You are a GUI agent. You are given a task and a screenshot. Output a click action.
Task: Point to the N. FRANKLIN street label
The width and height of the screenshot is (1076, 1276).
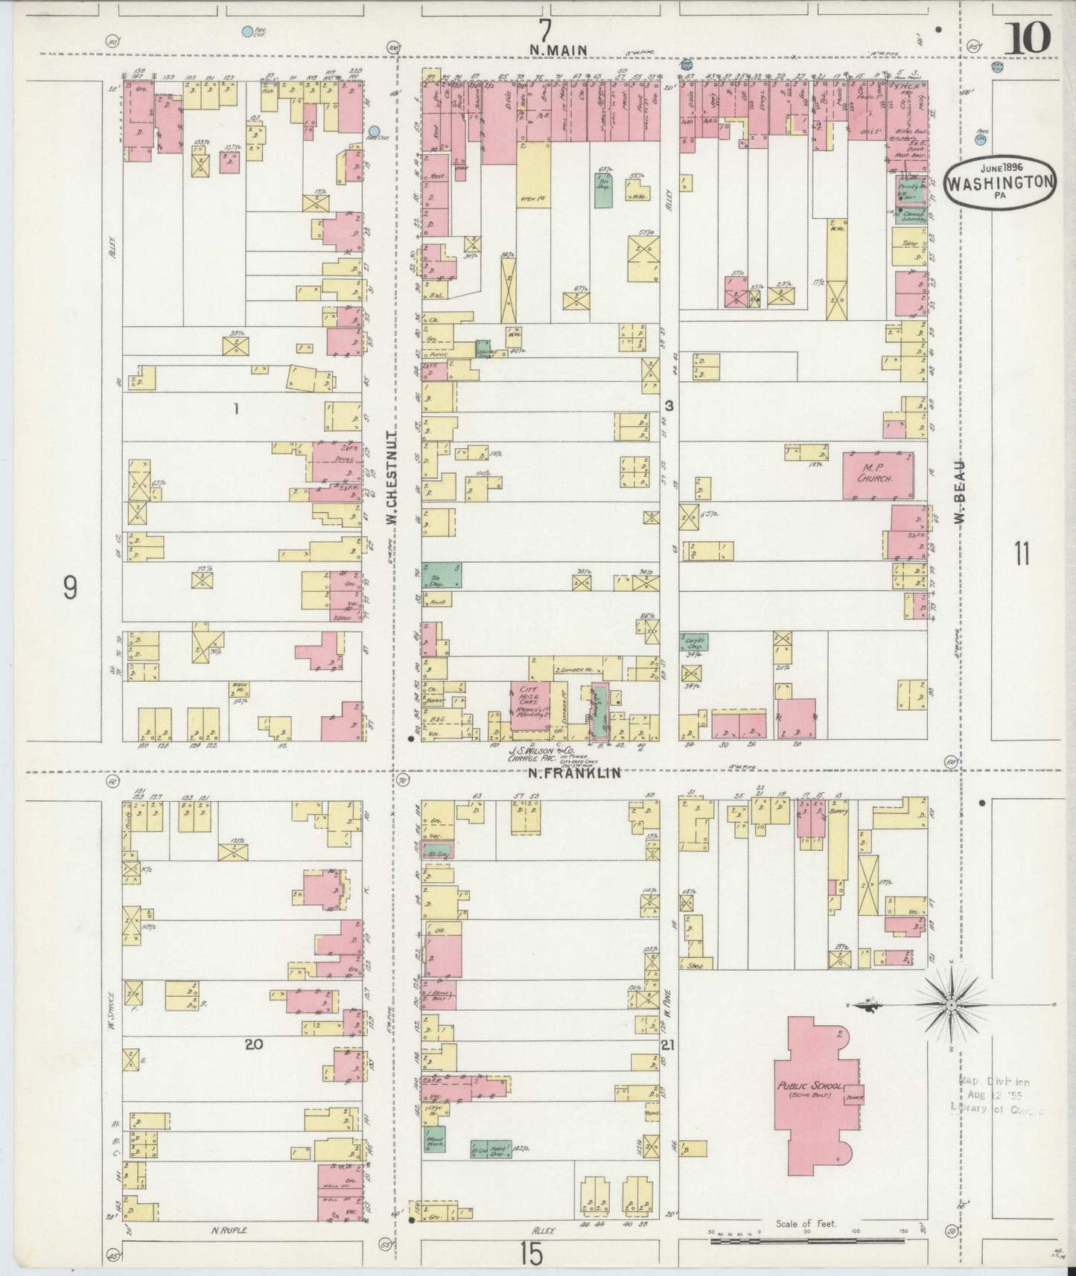(x=574, y=773)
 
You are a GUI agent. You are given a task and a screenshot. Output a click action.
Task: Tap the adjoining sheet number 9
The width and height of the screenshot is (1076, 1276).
(x=69, y=588)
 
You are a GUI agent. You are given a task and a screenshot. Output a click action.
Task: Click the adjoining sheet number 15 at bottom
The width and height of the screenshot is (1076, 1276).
(x=532, y=1254)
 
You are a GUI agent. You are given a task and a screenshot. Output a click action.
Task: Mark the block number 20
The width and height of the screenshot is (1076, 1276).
(x=254, y=1044)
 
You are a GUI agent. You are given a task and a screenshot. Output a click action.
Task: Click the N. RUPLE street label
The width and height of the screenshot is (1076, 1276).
(x=229, y=1231)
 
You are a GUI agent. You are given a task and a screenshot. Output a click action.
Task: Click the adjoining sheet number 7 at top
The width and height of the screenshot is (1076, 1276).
(x=546, y=31)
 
